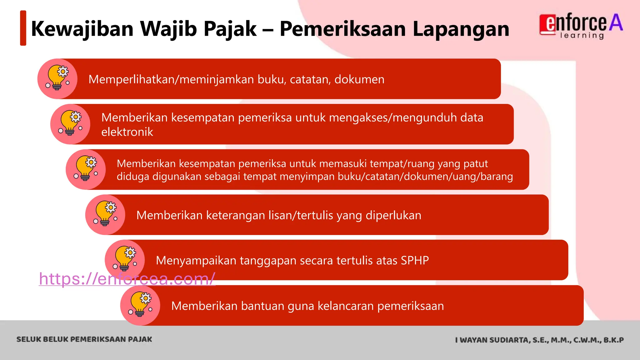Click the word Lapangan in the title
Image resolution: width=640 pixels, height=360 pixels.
point(461,29)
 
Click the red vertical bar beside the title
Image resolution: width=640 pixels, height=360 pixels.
point(23,28)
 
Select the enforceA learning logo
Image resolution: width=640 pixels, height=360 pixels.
point(581,27)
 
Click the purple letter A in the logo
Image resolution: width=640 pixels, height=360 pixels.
point(616,22)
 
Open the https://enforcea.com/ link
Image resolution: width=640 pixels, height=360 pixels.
point(127,278)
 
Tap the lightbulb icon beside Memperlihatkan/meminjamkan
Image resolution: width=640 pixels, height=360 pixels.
point(57,78)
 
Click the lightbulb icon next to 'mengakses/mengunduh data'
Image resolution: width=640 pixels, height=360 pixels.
point(70,124)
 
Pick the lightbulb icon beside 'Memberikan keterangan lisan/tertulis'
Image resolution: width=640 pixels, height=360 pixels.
point(105,214)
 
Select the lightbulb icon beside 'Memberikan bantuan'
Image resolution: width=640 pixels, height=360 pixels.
point(140,305)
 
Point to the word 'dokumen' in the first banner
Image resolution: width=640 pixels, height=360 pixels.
point(359,79)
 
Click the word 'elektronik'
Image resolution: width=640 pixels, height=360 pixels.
point(127,132)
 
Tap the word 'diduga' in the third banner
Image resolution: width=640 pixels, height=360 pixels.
point(133,177)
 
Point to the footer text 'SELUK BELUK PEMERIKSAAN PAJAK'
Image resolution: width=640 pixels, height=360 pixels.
point(84,339)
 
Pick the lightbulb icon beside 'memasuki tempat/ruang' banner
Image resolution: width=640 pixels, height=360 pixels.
point(86,169)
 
